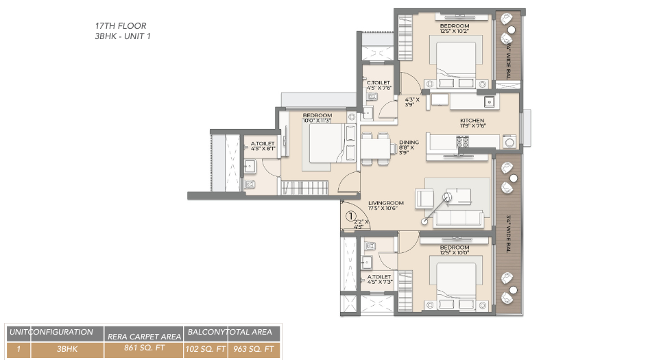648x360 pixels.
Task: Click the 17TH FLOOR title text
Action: click(120, 26)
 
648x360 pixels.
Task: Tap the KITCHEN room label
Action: click(472, 120)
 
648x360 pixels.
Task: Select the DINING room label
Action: click(409, 143)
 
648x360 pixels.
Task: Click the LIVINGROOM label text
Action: click(385, 203)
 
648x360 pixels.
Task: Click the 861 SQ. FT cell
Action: click(145, 350)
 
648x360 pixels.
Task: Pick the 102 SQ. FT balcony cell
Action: click(206, 350)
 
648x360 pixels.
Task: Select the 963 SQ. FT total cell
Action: click(254, 350)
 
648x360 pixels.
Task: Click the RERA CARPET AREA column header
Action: click(145, 335)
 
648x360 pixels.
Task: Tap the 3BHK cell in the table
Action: click(67, 350)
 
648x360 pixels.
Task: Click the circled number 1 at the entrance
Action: click(350, 216)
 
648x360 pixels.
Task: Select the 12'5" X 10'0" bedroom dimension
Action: click(455, 252)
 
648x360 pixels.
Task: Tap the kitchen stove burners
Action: click(463, 142)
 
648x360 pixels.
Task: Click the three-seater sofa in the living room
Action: click(457, 218)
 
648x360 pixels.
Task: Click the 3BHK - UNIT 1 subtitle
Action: click(123, 36)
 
